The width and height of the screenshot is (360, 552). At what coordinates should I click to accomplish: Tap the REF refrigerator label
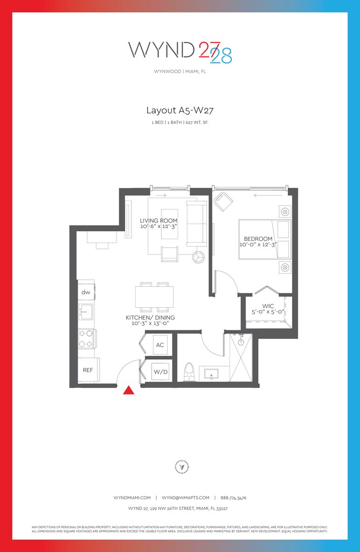point(88,370)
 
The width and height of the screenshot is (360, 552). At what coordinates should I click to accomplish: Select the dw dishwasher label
point(86,292)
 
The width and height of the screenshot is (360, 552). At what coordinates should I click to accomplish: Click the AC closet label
point(160,344)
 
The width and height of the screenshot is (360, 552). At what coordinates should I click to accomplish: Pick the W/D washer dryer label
point(160,371)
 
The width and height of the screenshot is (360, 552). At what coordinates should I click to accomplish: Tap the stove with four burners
point(86,339)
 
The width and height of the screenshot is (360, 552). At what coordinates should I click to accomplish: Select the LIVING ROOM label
point(158,221)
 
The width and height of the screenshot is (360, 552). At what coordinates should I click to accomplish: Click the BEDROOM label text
point(258,239)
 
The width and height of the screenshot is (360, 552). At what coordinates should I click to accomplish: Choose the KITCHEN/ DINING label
point(150,318)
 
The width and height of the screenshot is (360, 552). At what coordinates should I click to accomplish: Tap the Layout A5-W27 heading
point(180,111)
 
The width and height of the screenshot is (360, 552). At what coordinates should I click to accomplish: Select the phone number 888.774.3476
point(232,498)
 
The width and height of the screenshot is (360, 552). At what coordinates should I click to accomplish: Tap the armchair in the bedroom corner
point(223,202)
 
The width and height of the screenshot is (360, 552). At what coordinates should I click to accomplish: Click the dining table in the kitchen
point(155,296)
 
